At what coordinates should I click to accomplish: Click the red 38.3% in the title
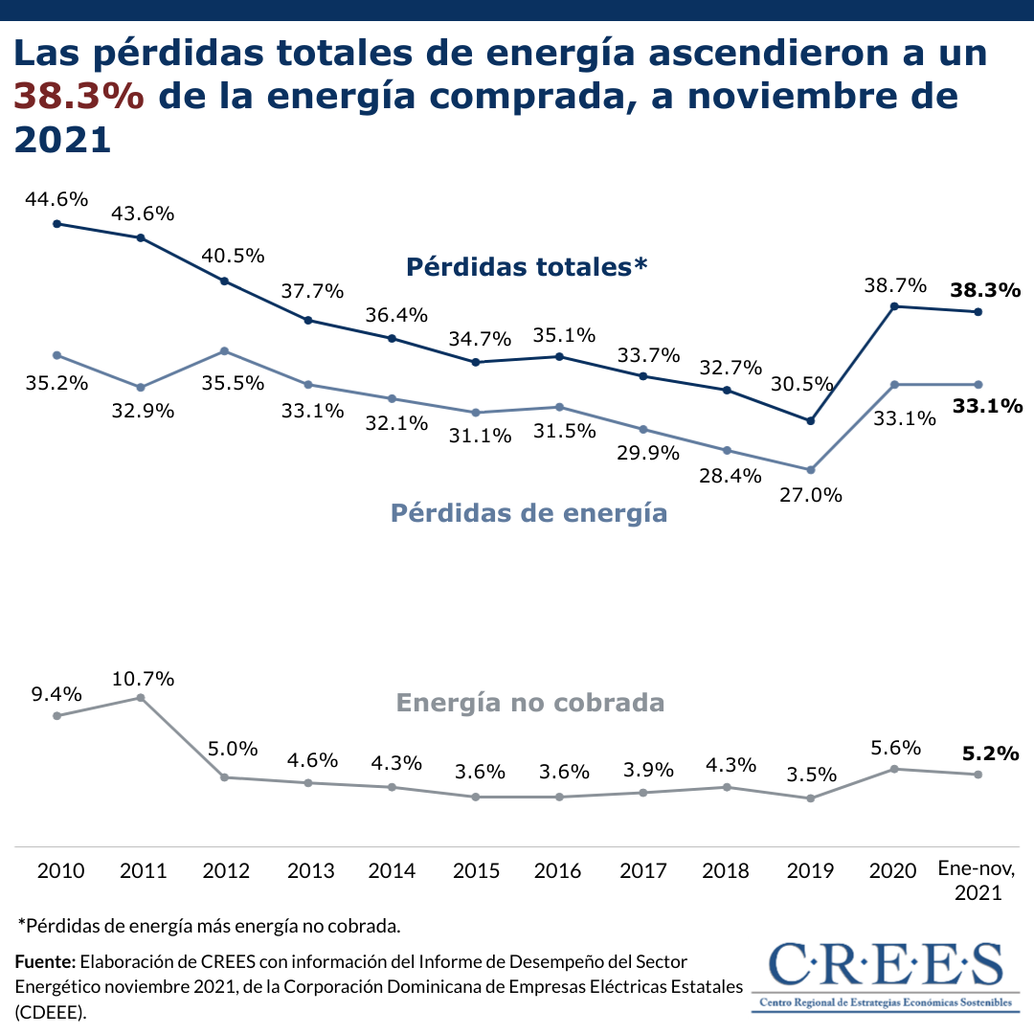pyautogui.click(x=79, y=97)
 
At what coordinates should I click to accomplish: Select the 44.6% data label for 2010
pyautogui.click(x=57, y=199)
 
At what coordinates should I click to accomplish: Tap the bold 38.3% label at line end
pyautogui.click(x=986, y=289)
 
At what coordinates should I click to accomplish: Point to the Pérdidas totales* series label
pyautogui.click(x=527, y=266)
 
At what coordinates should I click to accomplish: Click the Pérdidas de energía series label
pyautogui.click(x=528, y=513)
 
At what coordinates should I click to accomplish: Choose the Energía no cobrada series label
pyautogui.click(x=529, y=703)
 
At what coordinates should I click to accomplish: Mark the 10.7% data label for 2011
pyautogui.click(x=143, y=679)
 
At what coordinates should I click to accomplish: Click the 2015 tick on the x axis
pyautogui.click(x=476, y=871)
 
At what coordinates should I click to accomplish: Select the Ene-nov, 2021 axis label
pyautogui.click(x=978, y=881)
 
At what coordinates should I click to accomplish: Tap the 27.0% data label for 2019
pyautogui.click(x=811, y=495)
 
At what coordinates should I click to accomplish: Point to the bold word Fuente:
pyautogui.click(x=45, y=961)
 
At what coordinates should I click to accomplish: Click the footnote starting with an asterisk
pyautogui.click(x=209, y=926)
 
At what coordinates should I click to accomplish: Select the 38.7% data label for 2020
pyautogui.click(x=895, y=285)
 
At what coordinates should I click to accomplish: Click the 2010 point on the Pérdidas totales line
pyautogui.click(x=57, y=224)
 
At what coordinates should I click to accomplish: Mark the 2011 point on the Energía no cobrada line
pyautogui.click(x=141, y=698)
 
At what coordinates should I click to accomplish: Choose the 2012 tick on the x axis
pyautogui.click(x=226, y=871)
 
